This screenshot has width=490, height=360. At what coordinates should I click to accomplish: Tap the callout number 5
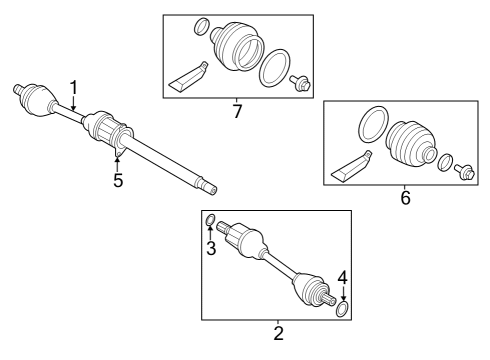tap(118, 182)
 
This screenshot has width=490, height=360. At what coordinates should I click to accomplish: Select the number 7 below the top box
tap(237, 111)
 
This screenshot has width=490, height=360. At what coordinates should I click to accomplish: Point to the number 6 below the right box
tap(406, 199)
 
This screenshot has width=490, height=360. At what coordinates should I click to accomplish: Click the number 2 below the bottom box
tap(278, 332)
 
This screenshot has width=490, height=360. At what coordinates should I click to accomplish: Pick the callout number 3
tap(211, 247)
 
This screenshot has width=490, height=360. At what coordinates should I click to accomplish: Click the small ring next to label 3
tap(211, 220)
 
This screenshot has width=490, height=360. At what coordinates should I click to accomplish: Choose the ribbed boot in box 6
tap(411, 147)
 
